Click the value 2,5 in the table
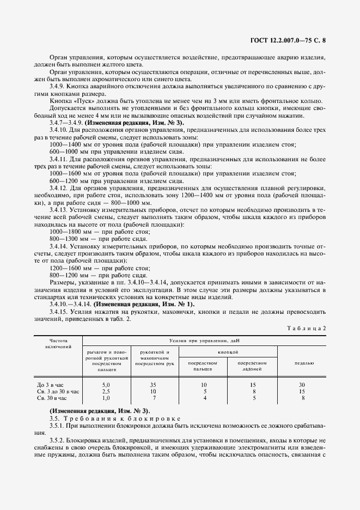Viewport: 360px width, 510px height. (107, 391)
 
